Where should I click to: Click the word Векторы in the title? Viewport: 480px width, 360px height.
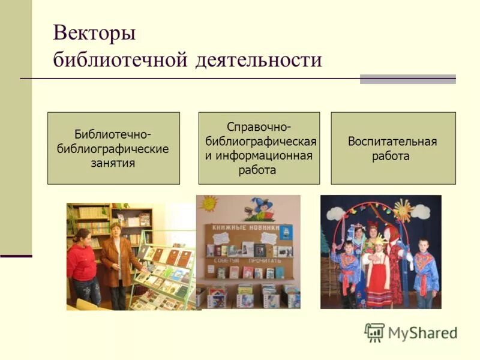point(94,33)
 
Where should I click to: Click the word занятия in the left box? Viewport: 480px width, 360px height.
point(113,163)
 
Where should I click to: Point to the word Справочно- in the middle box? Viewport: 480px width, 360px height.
point(259,127)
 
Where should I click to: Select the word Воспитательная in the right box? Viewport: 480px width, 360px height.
point(392,142)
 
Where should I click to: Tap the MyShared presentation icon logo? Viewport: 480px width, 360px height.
point(374,332)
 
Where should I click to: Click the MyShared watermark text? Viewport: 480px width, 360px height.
point(422,333)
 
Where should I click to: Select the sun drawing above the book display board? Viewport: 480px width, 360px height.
point(208,204)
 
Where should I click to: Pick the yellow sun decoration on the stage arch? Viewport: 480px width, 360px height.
point(402,210)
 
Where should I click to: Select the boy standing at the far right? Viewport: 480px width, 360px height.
point(426,273)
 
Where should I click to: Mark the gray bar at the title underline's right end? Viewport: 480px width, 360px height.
point(407,79)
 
